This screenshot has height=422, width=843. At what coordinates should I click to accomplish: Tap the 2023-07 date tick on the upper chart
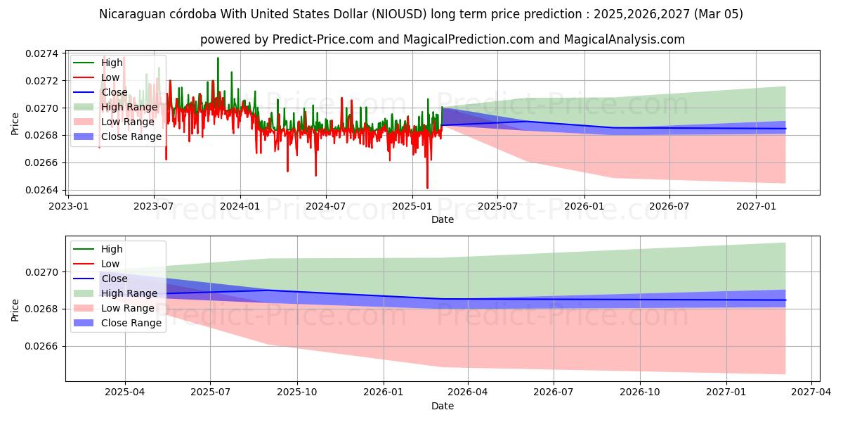tap(154, 206)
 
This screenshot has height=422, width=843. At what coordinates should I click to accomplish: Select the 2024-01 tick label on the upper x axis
tap(240, 206)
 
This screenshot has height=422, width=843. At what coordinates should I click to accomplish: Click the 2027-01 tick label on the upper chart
tap(756, 206)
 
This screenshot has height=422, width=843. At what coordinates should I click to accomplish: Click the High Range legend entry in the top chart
tap(129, 107)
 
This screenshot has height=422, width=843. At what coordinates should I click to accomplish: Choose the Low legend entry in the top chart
tap(110, 77)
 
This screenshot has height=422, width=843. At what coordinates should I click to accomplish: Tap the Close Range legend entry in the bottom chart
tap(131, 323)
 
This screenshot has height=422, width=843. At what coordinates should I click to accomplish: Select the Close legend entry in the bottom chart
tap(114, 279)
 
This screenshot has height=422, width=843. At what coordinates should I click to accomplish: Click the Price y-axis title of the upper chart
tap(15, 124)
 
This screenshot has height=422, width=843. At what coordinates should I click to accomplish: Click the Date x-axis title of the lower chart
tap(443, 406)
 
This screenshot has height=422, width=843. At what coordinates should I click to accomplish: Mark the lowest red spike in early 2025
tap(427, 187)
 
